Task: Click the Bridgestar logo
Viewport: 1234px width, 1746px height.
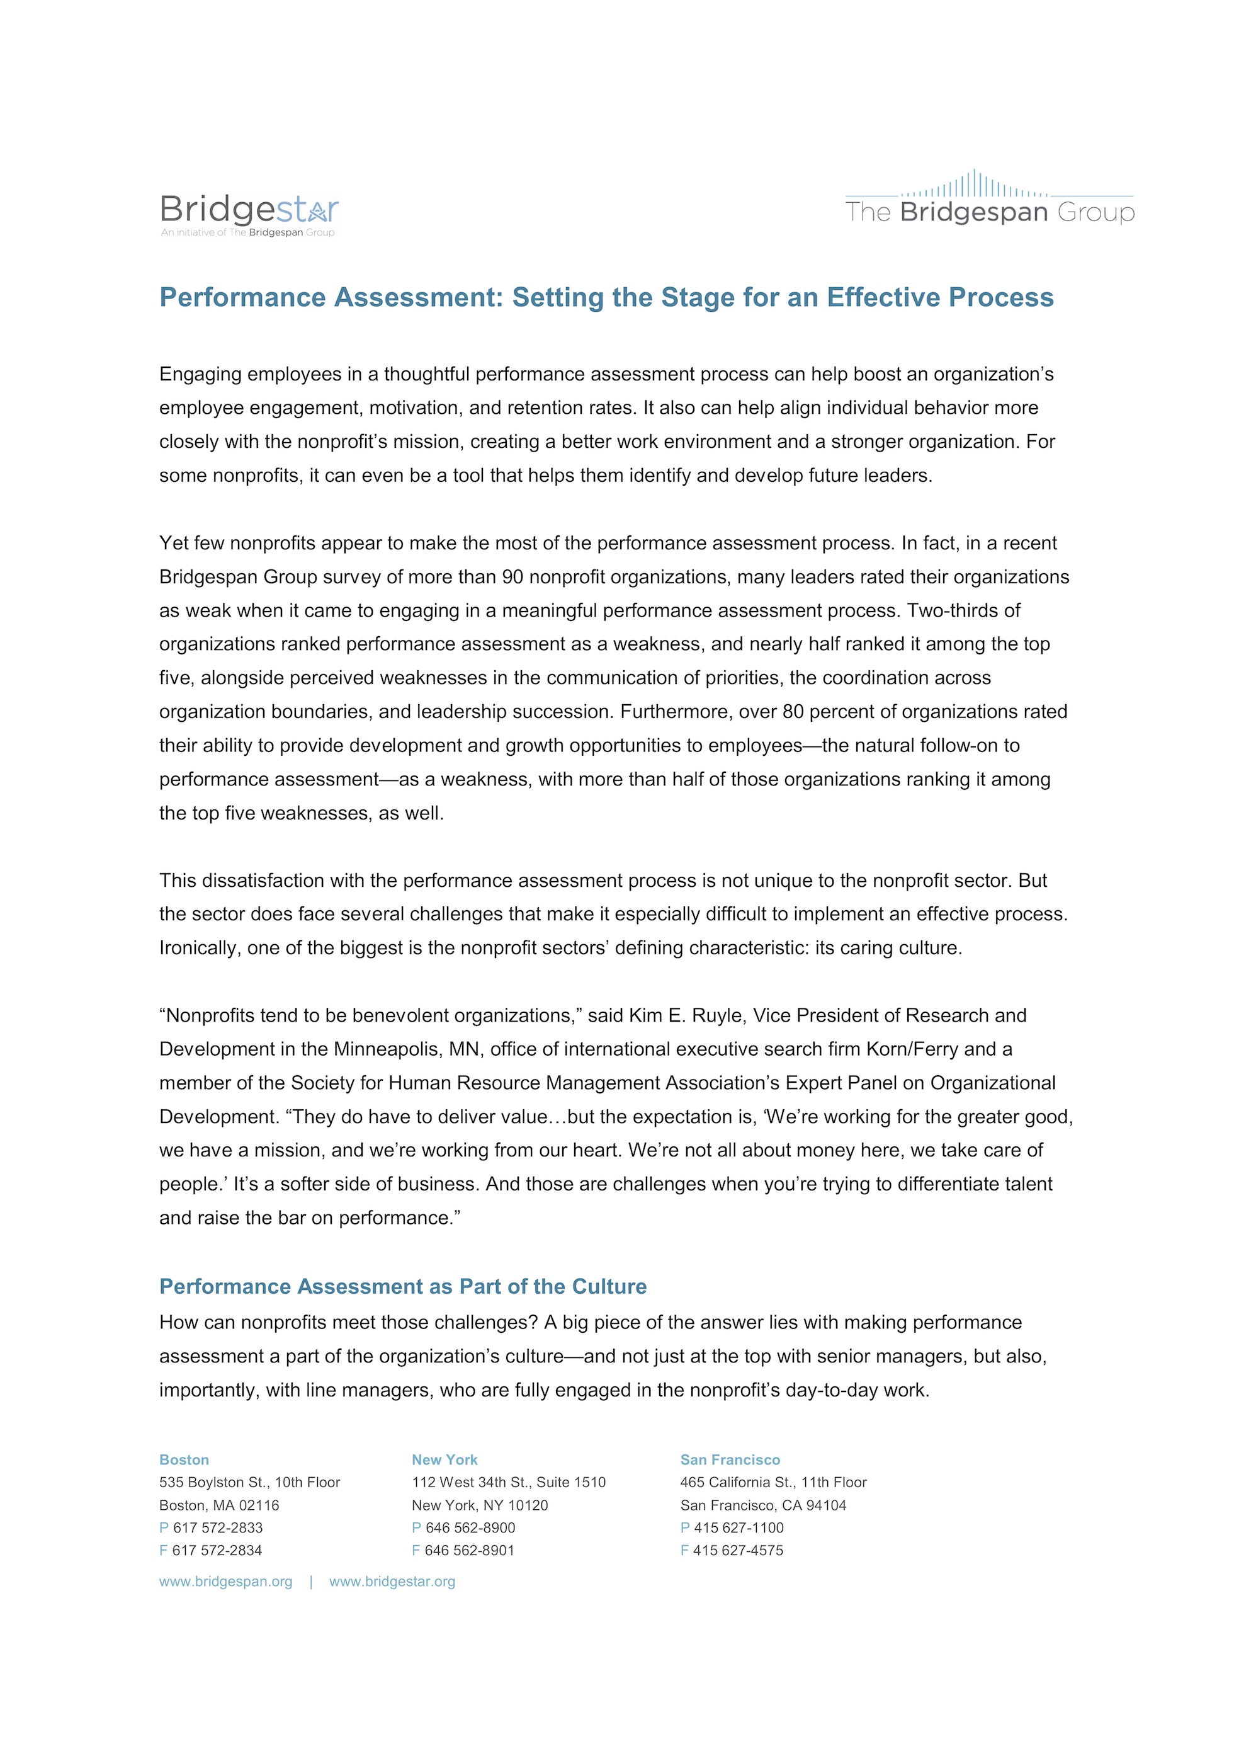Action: pos(249,214)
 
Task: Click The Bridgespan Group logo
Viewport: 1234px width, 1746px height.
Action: pos(989,199)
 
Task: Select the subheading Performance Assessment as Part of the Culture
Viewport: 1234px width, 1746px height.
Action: pos(403,1286)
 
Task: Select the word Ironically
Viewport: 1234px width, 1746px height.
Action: pos(198,949)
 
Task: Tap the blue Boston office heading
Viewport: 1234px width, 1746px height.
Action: pos(184,1459)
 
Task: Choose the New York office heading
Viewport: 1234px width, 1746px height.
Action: pos(444,1459)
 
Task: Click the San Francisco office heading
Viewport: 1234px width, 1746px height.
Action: pos(730,1459)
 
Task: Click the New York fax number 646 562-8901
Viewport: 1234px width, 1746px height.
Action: pos(470,1550)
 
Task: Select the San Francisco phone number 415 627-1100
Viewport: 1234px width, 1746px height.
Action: pos(739,1528)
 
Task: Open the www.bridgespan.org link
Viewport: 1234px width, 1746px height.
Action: pos(226,1582)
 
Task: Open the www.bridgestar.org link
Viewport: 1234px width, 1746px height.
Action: pos(392,1582)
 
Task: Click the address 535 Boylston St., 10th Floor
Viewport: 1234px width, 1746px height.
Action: pos(249,1482)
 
